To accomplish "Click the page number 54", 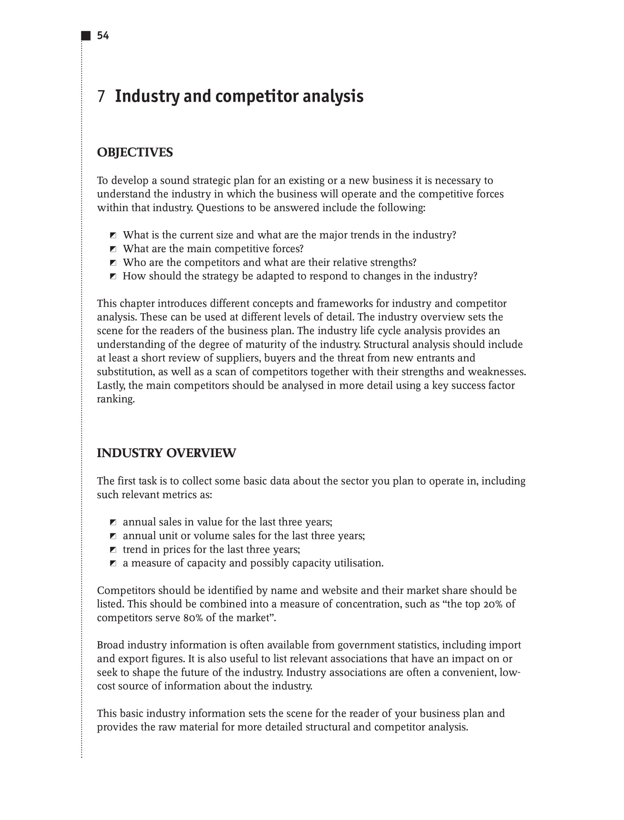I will click(103, 36).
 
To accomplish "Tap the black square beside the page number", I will click(86, 36).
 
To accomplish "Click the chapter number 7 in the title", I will click(101, 96).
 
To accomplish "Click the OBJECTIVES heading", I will click(135, 153).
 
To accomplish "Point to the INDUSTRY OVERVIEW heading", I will click(166, 453).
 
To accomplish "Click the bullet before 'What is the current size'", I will click(113, 235).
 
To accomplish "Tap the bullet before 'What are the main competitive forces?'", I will click(113, 249).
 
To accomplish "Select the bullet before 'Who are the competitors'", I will click(113, 263).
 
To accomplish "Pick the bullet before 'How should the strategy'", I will click(113, 276).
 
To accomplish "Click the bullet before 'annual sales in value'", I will click(113, 522).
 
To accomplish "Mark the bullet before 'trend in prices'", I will click(113, 550).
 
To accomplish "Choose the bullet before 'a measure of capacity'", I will click(113, 563).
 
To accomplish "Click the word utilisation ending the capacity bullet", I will click(358, 563).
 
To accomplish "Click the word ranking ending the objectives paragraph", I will click(116, 399).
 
